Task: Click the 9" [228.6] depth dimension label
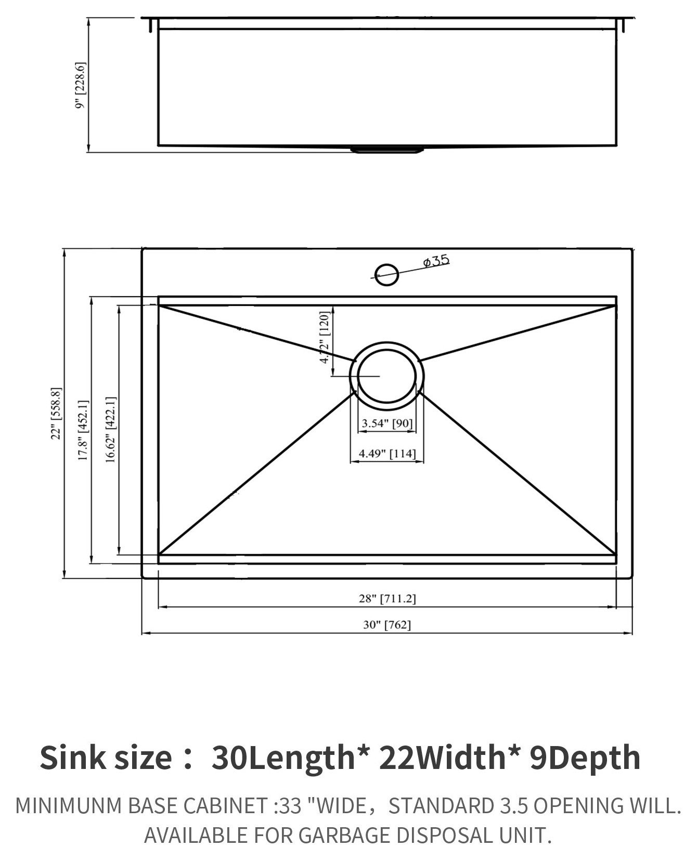tap(81, 85)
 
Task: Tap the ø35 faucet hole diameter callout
tap(436, 261)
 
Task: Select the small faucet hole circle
tap(386, 274)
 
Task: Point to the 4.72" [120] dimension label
tap(325, 338)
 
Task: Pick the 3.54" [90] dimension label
tap(387, 423)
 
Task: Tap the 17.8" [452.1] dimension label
tap(83, 430)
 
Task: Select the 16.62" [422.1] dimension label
tap(111, 429)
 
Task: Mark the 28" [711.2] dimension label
tap(387, 599)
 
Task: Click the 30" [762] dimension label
tap(387, 625)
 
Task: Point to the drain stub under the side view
tap(387, 150)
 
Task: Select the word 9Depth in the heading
tap(585, 758)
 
